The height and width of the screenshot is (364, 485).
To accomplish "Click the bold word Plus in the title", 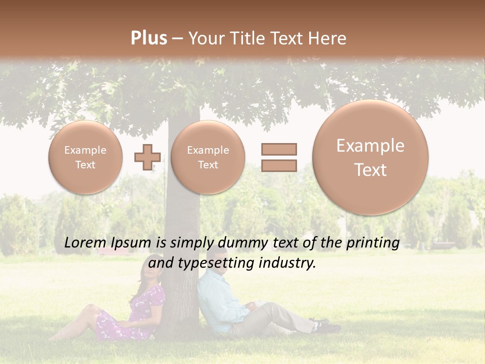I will click(149, 38).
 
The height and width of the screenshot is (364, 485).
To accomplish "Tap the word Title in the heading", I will click(250, 38).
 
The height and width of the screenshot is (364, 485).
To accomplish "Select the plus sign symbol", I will click(147, 157).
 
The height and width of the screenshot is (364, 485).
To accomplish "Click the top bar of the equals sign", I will click(279, 149).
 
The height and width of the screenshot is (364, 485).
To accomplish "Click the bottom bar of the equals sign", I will click(279, 165).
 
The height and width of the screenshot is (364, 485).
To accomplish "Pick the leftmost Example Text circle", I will click(85, 157).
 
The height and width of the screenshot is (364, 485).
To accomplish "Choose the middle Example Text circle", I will click(208, 157).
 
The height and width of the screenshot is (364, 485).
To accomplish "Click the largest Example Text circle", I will click(370, 157).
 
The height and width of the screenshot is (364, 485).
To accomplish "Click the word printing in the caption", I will click(373, 243).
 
